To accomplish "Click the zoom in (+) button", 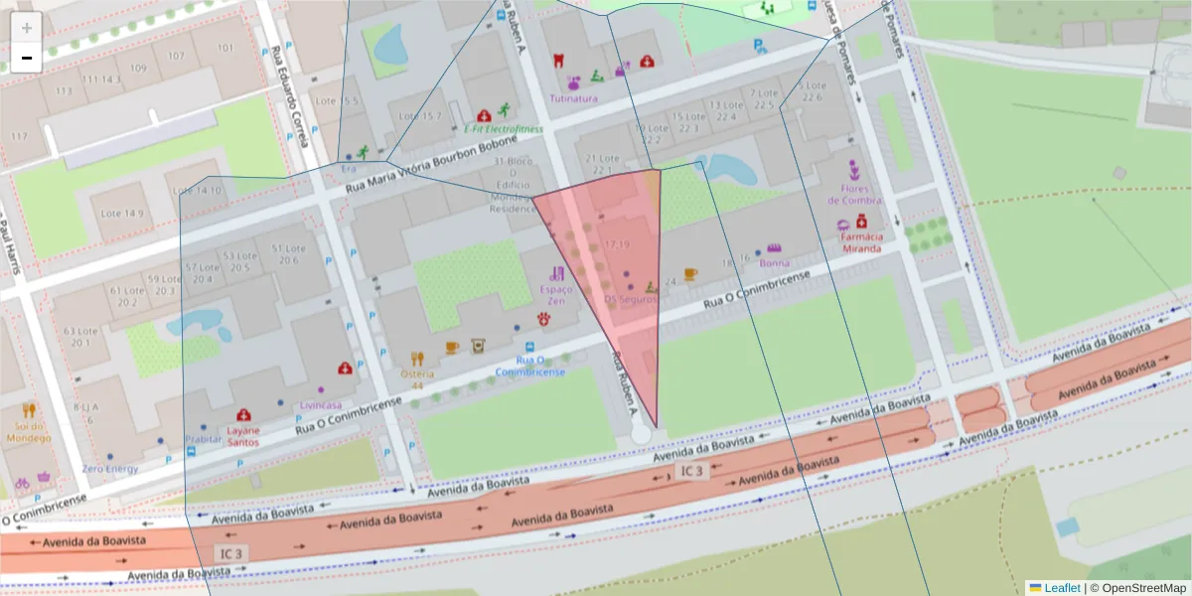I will click(x=27, y=28).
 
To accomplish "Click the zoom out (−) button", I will click(x=27, y=58).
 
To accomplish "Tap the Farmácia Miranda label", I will click(x=861, y=242).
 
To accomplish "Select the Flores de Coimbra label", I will click(x=854, y=194).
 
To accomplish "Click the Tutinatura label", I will click(x=574, y=98).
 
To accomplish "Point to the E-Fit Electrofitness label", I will click(x=504, y=129).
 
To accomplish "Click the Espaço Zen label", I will click(x=556, y=294).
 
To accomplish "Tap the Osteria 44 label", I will click(x=418, y=379).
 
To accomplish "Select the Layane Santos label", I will click(x=243, y=436).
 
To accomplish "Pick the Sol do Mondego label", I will click(x=28, y=431).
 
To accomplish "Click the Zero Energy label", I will click(x=110, y=468).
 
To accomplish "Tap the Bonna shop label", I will click(x=774, y=263).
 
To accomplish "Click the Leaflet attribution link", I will click(x=1061, y=588).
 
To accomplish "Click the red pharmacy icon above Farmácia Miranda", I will click(x=862, y=221).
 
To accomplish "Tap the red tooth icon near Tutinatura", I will click(x=558, y=61).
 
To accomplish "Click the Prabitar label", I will click(x=204, y=439).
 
